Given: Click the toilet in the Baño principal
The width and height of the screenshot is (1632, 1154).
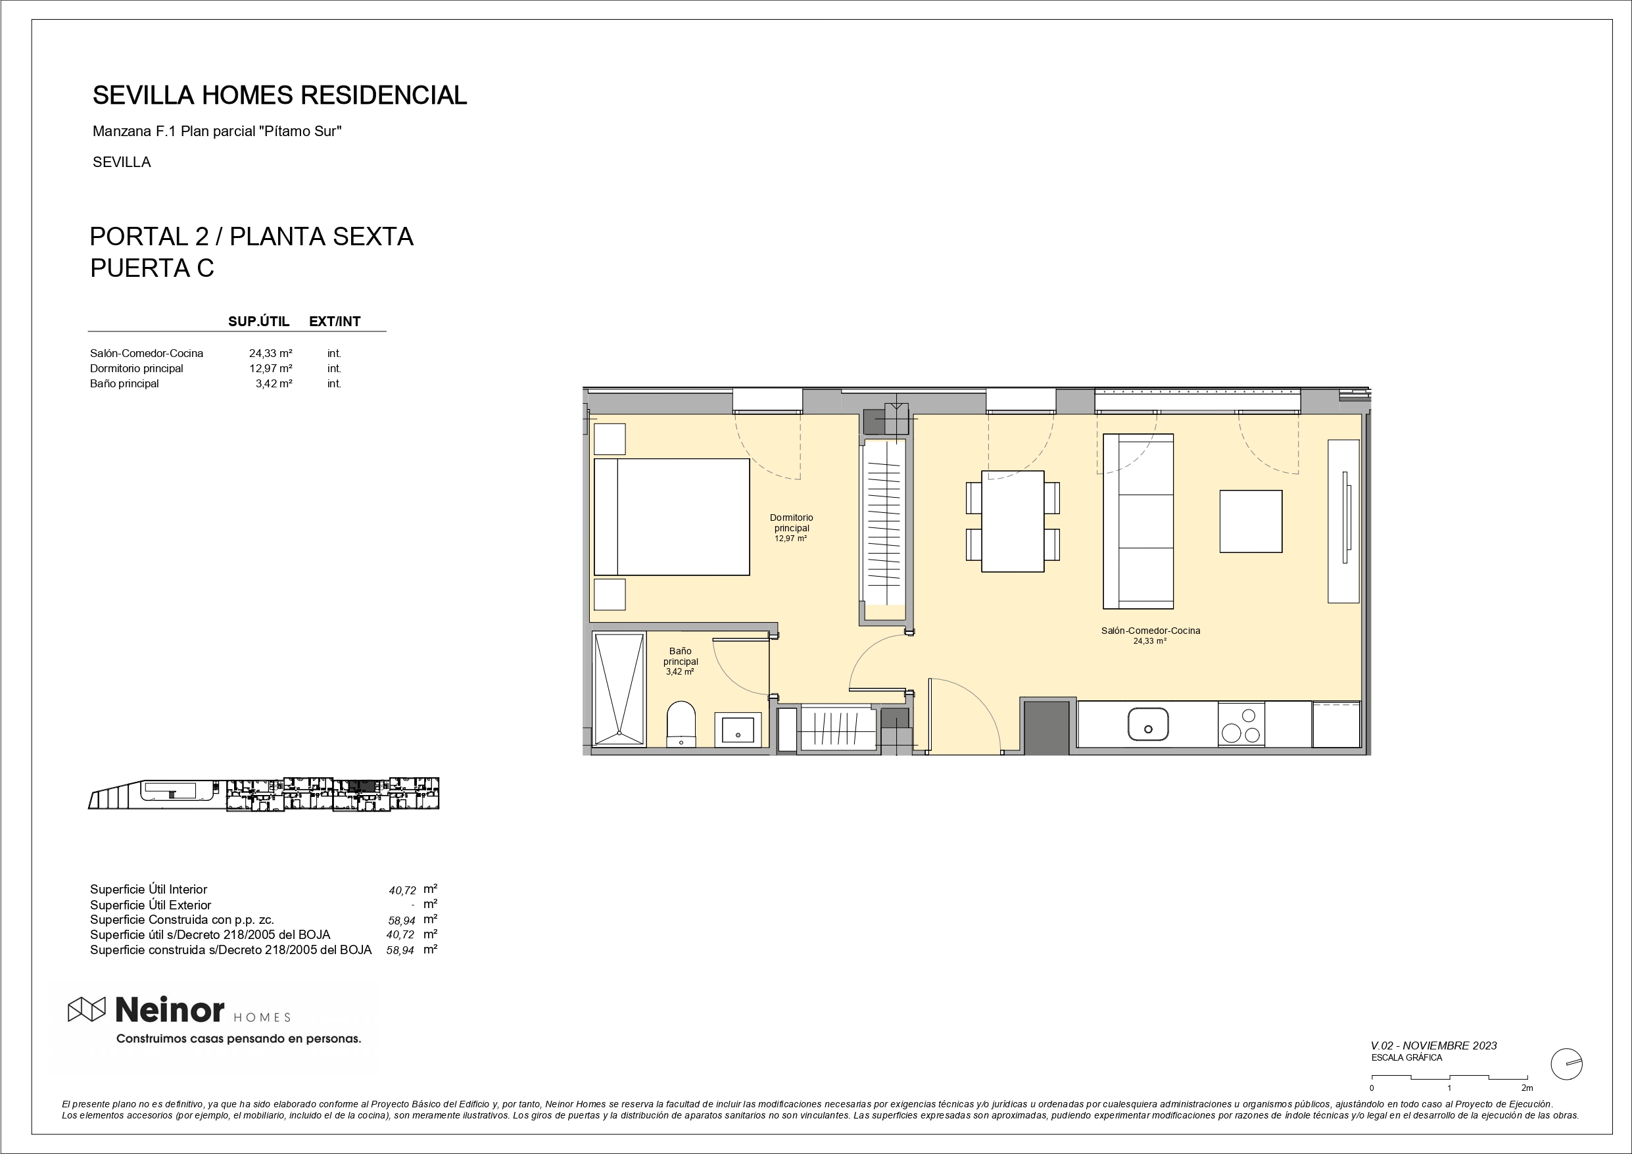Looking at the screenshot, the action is pos(681,723).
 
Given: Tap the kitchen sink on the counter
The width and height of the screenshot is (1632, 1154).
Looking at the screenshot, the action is pos(1148,724).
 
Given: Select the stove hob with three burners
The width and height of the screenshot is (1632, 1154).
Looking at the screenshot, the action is pos(1241,724).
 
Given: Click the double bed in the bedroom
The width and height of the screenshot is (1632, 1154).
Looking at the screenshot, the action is pos(672,517).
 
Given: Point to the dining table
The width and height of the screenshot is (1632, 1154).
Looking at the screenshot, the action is pos(1012,521).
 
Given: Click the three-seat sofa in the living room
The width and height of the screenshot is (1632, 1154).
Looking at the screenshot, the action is pos(1138,521).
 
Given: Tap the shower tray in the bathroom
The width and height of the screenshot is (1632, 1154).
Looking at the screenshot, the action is pos(619,689).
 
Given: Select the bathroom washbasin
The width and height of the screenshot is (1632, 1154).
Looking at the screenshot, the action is pos(738,729).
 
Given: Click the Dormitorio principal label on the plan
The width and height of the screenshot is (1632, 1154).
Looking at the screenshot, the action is pos(791,523).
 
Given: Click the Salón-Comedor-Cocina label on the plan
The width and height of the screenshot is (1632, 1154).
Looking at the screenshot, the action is pos(1151,631).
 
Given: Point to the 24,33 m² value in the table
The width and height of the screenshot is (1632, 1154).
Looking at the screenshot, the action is pos(271,353).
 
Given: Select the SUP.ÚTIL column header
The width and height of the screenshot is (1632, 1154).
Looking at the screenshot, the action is pos(258,322).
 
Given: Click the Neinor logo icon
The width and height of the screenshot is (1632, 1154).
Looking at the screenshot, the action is pos(87,1009).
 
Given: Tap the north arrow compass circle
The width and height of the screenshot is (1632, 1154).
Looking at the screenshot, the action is pos(1566,1065).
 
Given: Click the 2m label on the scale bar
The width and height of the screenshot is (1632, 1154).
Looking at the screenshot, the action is pos(1527,1088).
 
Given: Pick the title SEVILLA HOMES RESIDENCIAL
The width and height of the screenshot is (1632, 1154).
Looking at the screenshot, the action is pos(280,95).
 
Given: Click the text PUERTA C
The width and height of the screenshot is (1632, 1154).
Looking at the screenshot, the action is pos(152,268).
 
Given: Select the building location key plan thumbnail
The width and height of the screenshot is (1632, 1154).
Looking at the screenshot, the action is pos(264,794).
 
